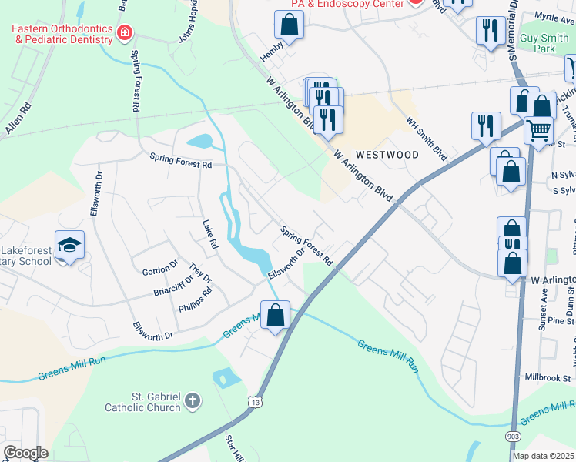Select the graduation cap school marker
point(69,246)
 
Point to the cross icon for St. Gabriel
point(193,401)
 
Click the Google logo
point(26,452)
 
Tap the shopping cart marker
point(539,129)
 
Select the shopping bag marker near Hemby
point(289,25)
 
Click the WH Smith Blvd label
point(427,139)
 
